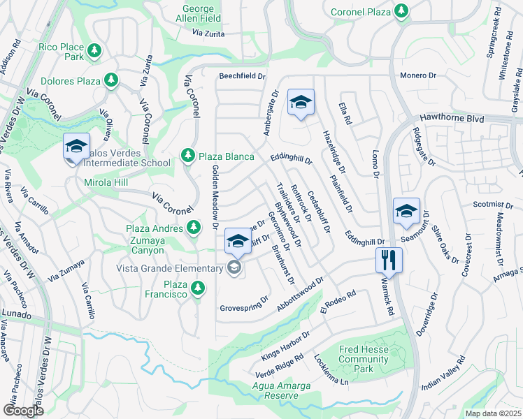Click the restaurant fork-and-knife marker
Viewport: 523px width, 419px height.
pyautogui.click(x=389, y=260)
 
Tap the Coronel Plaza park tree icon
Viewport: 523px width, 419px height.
pyautogui.click(x=401, y=10)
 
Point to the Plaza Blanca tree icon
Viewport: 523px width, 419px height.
pyautogui.click(x=187, y=156)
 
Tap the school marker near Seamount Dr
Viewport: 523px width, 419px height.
pyautogui.click(x=406, y=212)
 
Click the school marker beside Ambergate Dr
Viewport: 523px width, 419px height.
pyautogui.click(x=301, y=103)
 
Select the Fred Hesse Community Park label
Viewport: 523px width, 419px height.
pyautogui.click(x=364, y=359)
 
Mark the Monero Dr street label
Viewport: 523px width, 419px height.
pyautogui.click(x=417, y=75)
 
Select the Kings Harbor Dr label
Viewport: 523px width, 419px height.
pyautogui.click(x=285, y=344)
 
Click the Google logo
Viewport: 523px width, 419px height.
pyautogui.click(x=23, y=410)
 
